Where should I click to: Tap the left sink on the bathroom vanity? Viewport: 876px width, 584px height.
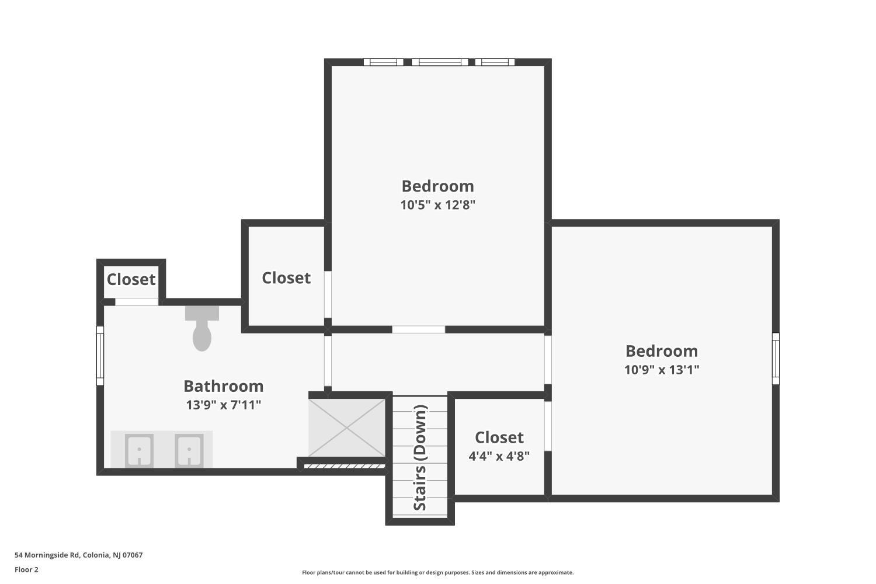139,450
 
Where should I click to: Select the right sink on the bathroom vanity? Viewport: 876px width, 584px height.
189,450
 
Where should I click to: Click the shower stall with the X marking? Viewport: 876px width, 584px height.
347,427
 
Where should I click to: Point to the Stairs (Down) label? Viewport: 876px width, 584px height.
420,458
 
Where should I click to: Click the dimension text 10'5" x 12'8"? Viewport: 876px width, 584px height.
437,204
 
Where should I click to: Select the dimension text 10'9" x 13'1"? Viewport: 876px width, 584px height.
662,370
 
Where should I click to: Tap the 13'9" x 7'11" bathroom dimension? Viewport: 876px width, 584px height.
223,405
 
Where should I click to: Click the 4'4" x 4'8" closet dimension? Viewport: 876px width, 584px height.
499,456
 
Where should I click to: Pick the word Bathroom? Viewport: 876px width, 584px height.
223,386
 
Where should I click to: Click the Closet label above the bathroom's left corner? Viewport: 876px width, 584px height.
131,279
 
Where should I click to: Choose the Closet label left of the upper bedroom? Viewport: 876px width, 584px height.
286,278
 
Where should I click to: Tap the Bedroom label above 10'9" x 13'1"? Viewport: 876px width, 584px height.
662,351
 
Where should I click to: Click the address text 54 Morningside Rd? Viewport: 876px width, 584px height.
47,555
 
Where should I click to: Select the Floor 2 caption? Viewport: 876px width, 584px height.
27,569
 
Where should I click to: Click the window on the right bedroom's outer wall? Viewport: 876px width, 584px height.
776,359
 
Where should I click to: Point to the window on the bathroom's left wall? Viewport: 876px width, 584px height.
100,356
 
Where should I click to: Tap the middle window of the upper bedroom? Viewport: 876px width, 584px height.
440,62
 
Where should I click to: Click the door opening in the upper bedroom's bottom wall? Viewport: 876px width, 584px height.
419,329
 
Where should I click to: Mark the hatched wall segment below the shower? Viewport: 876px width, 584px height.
345,466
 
